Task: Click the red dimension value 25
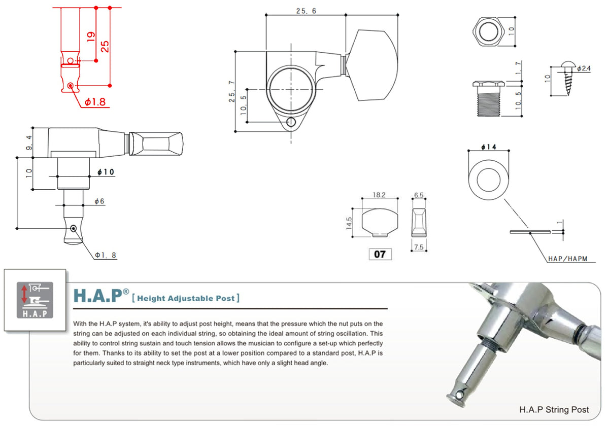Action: tap(105, 47)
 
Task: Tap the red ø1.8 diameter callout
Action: tap(95, 102)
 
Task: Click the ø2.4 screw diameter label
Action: tap(584, 68)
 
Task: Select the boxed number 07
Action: tap(380, 255)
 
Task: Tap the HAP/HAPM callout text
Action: tap(567, 259)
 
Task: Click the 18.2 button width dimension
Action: tap(379, 195)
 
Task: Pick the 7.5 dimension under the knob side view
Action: tap(419, 246)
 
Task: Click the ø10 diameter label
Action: tap(105, 172)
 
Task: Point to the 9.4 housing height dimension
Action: tap(28, 143)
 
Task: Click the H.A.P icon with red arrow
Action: tap(35, 301)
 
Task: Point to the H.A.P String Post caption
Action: tap(554, 409)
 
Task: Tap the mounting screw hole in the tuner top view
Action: tap(292, 122)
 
